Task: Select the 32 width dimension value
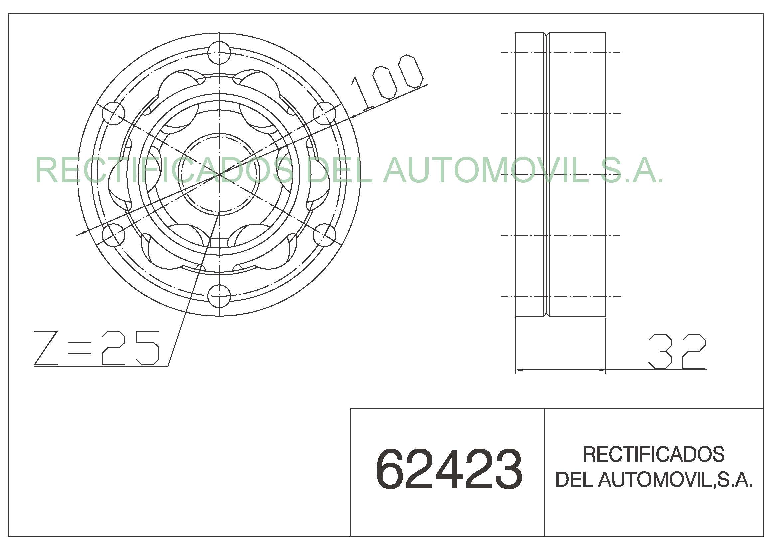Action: tap(677, 351)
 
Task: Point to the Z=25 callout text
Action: tap(96, 348)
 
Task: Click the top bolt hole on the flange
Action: tap(219, 53)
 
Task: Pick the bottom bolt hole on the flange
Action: tap(219, 296)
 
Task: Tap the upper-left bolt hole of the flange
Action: tap(113, 113)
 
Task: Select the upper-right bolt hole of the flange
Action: tap(325, 113)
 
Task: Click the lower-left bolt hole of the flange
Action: tap(113, 235)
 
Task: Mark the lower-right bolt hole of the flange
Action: tap(325, 235)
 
